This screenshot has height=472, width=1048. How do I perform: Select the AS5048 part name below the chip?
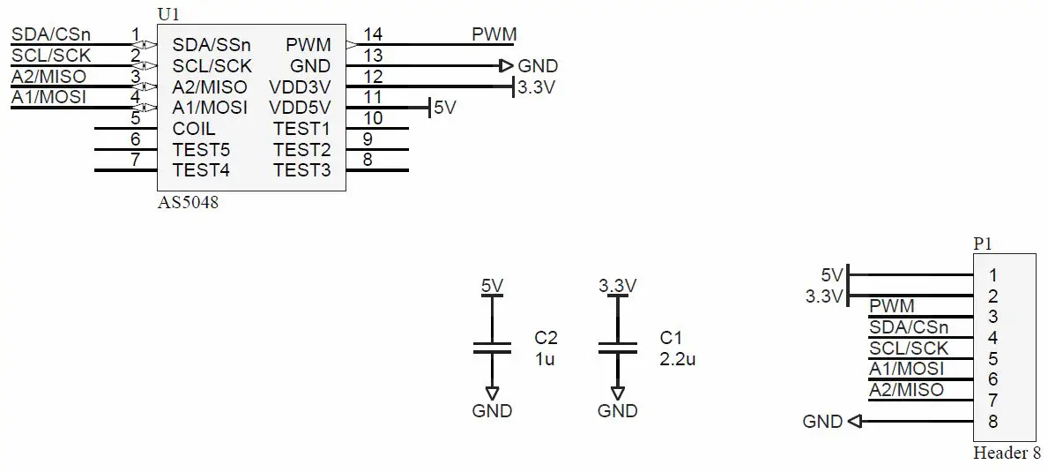[x=188, y=202]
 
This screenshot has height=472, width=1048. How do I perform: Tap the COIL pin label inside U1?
[x=194, y=129]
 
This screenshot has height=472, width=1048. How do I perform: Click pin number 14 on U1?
[x=373, y=34]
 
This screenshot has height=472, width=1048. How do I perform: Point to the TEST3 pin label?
[x=301, y=170]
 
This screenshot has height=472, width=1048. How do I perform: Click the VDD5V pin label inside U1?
[x=300, y=108]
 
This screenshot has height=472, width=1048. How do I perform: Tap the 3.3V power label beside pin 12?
[x=536, y=87]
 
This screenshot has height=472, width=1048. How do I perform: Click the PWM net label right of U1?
[x=494, y=34]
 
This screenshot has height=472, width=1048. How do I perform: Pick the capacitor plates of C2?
[x=492, y=347]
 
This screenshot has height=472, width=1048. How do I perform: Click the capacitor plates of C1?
[x=617, y=347]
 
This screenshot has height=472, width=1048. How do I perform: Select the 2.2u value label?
[x=677, y=359]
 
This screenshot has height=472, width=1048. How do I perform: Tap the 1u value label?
[x=545, y=359]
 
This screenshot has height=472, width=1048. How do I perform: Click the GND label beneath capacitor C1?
[x=617, y=411]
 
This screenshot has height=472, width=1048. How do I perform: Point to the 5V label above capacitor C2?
[x=492, y=286]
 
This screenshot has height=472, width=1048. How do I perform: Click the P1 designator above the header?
[x=983, y=243]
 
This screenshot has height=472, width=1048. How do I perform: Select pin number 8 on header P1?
[x=992, y=422]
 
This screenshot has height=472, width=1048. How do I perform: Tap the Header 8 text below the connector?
[x=1006, y=453]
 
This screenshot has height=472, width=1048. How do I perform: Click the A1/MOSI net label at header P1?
[x=906, y=369]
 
